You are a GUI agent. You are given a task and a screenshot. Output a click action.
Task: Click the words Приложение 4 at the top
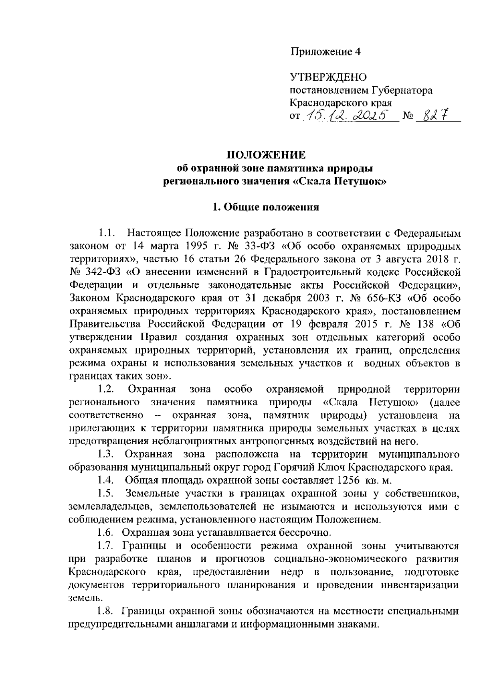click(325, 52)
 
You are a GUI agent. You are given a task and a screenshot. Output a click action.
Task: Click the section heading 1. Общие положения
click(266, 207)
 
